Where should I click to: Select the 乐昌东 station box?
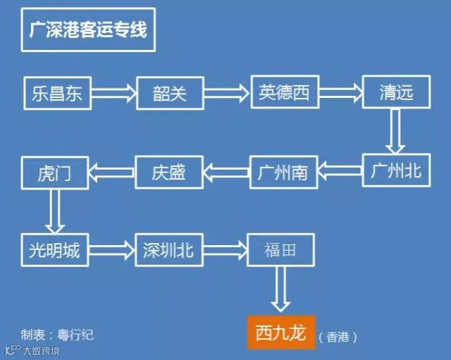coord(57,92)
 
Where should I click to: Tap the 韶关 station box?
coord(169,92)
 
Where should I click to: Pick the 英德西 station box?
coord(284,92)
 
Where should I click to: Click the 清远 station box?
coord(395,92)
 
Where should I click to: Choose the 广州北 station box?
coord(395,170)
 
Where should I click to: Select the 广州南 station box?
coord(284,171)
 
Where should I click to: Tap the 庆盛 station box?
coord(169,171)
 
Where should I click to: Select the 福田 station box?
coord(280,249)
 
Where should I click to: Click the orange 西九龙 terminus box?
coord(280,333)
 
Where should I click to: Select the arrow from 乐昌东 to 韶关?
coord(113,92)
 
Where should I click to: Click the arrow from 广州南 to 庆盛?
coord(227,171)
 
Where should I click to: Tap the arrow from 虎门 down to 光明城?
coord(55,210)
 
